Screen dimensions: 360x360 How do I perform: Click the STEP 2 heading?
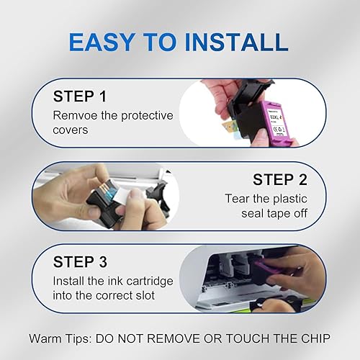tap(283, 179)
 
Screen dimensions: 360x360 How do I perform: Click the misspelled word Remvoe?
tap(73, 114)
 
